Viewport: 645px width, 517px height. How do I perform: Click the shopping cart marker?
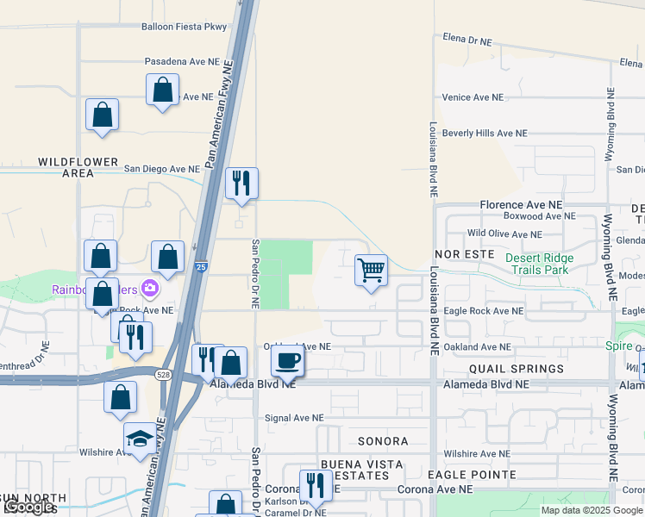[372, 271]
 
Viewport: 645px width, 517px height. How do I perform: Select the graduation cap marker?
[140, 439]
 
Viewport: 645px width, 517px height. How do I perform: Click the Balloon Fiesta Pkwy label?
[184, 27]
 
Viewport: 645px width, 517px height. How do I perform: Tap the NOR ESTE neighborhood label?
[464, 254]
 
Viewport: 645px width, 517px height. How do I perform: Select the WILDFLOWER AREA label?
[66, 167]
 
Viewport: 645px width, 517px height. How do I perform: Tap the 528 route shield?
[162, 374]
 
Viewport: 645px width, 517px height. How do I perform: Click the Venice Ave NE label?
[472, 97]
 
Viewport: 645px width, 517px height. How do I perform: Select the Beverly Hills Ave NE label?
[484, 134]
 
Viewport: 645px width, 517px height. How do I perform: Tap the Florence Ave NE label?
[521, 206]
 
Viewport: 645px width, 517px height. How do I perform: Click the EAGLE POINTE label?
[472, 475]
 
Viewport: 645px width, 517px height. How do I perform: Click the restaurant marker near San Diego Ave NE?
[241, 183]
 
